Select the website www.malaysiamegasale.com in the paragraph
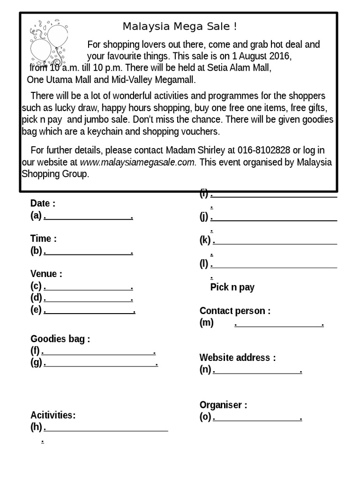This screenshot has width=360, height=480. coord(138,162)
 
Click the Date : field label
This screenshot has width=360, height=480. coord(43,203)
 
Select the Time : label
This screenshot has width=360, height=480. coord(44,239)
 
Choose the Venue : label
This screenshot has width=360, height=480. coord(46,274)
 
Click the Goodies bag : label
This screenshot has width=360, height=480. coord(60,339)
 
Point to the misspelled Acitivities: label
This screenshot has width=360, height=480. coord(53,415)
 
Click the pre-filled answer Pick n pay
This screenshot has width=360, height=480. coord(232,287)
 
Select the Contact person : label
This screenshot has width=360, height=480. coord(235,311)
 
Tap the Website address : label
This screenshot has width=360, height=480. coord(238,358)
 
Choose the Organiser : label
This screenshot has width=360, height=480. coord(223,405)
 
